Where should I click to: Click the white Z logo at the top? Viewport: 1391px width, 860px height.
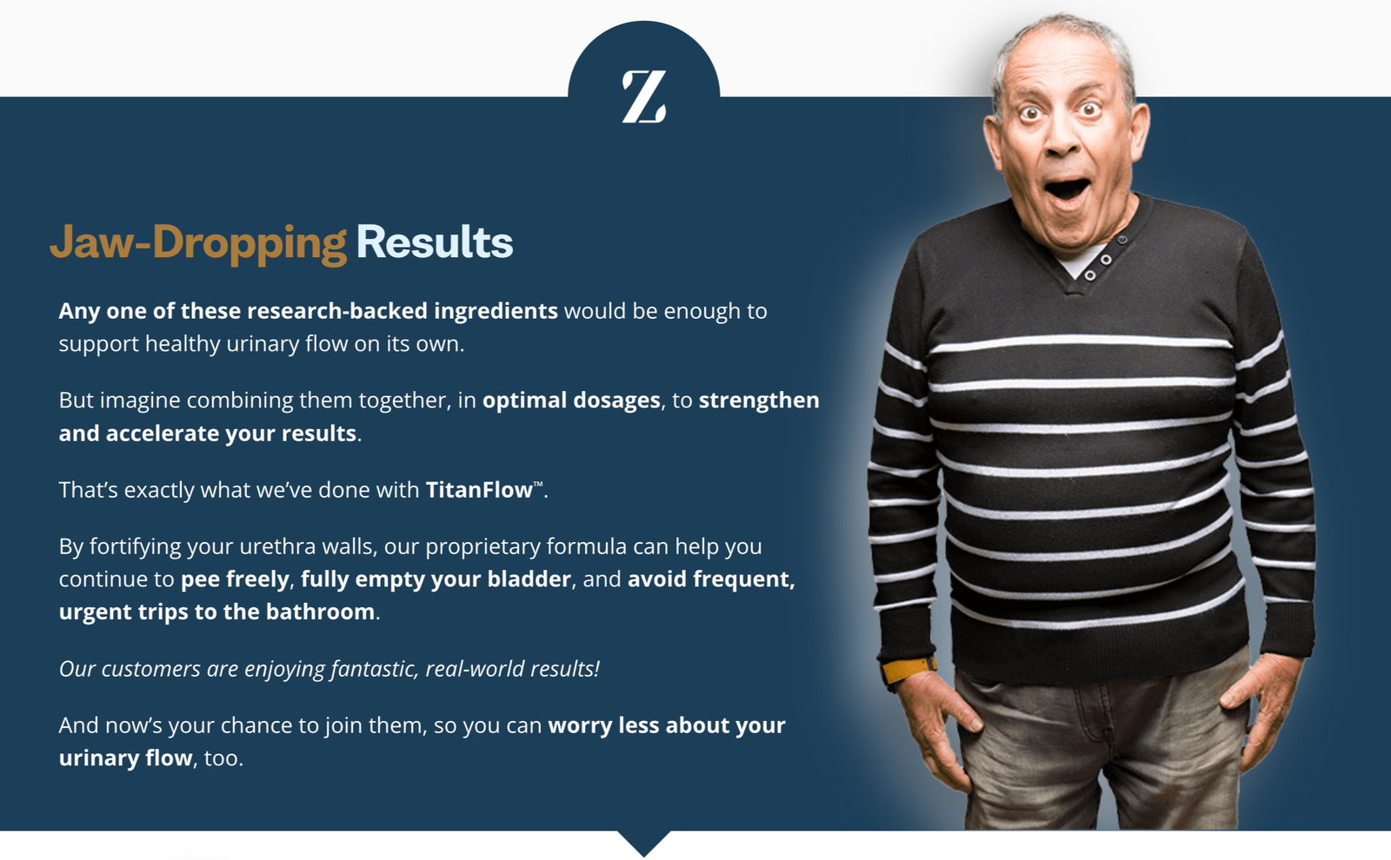[x=644, y=96]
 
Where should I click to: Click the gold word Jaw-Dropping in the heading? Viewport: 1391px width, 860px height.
[x=198, y=242]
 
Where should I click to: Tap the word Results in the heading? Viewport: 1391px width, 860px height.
[x=435, y=242]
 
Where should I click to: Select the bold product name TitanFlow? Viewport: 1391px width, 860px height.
[x=479, y=490]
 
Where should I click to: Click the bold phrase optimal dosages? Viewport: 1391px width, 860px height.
[x=571, y=400]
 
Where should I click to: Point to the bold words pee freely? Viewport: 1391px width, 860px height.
[x=235, y=579]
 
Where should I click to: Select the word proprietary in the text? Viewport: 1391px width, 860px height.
[x=483, y=546]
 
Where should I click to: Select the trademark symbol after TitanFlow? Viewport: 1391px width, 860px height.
[x=538, y=484]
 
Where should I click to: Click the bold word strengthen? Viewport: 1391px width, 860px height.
[x=759, y=400]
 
